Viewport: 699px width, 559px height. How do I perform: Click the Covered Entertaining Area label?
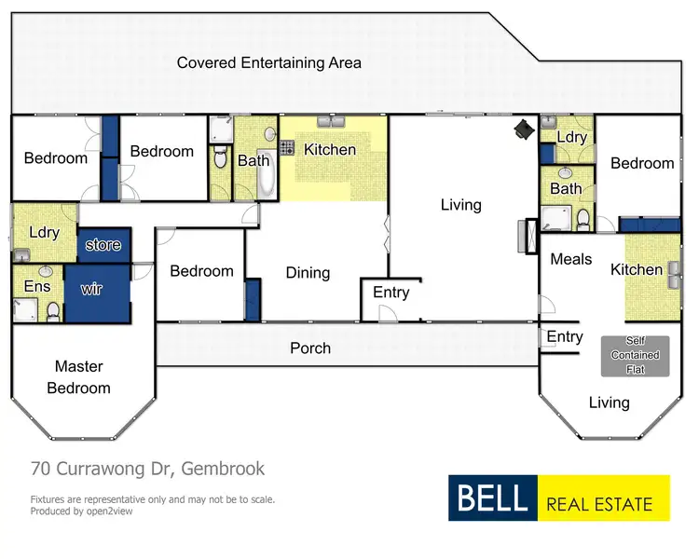point(268,63)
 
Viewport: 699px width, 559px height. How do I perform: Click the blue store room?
point(103,245)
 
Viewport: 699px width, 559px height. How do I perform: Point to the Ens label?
point(37,286)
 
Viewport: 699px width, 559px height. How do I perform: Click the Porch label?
point(310,348)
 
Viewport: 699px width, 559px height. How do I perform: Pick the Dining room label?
point(308,273)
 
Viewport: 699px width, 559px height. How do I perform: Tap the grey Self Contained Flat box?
point(636,356)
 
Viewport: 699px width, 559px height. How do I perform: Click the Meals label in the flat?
point(570,259)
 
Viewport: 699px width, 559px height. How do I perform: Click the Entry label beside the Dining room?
point(391,293)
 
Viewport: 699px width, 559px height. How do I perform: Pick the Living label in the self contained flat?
point(609,402)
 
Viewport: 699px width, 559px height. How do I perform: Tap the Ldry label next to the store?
point(44,232)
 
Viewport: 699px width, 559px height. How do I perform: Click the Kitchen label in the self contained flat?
point(636,269)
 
